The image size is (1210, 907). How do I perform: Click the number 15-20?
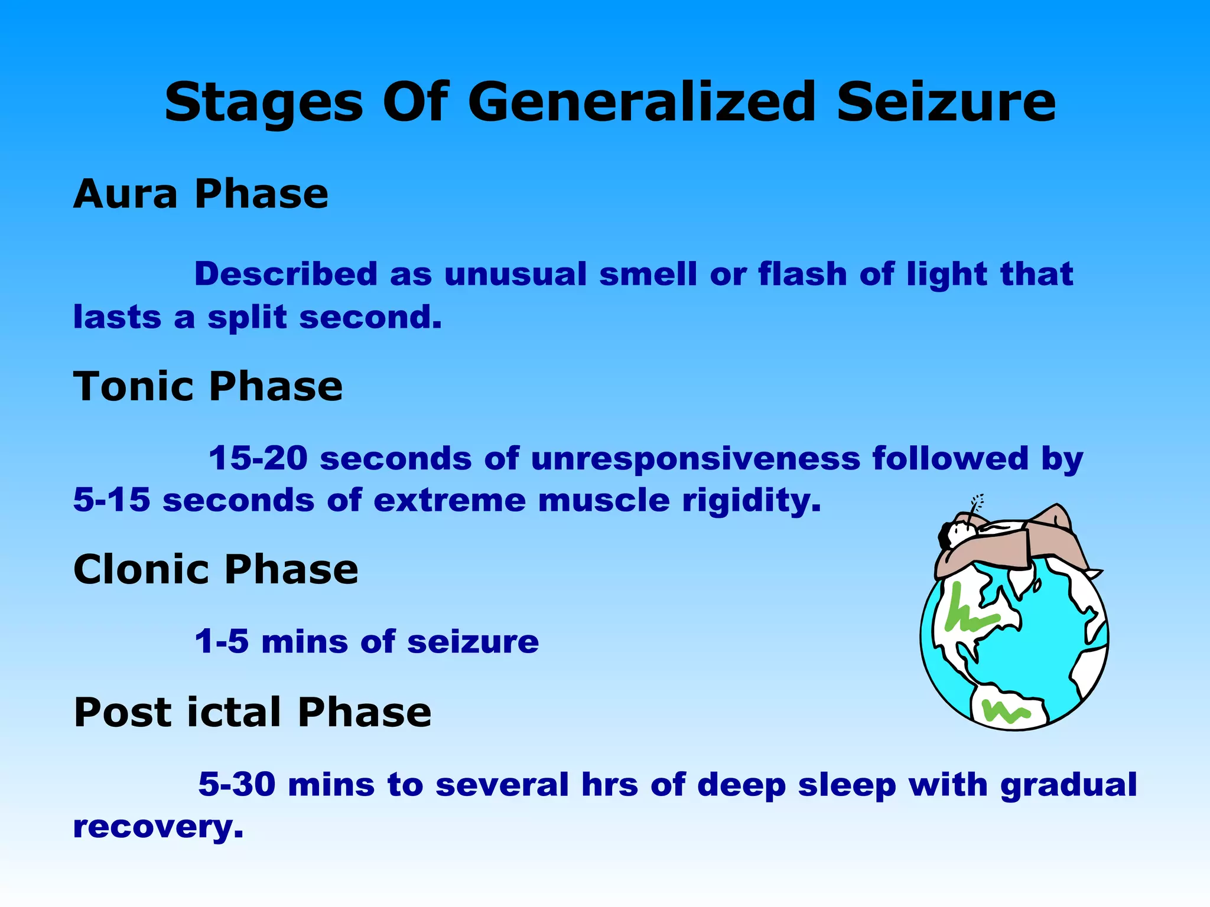point(258,458)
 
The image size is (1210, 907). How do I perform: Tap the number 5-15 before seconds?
point(112,500)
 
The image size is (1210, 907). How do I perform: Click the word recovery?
point(158,827)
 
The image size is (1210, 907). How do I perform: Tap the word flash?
point(802,274)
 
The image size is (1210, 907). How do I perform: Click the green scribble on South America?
point(1004,712)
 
